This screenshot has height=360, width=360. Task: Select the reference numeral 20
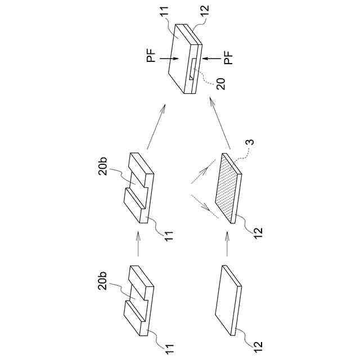(221, 84)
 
